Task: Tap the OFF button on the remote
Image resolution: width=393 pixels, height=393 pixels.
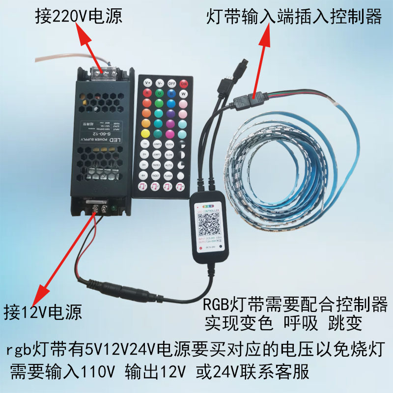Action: point(172,83)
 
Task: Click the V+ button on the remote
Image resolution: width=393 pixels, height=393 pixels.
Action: point(147,83)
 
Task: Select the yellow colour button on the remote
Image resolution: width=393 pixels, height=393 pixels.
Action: point(146,133)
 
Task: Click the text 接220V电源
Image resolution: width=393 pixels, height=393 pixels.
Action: point(79,18)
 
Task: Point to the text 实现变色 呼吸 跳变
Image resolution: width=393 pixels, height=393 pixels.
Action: point(283,323)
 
